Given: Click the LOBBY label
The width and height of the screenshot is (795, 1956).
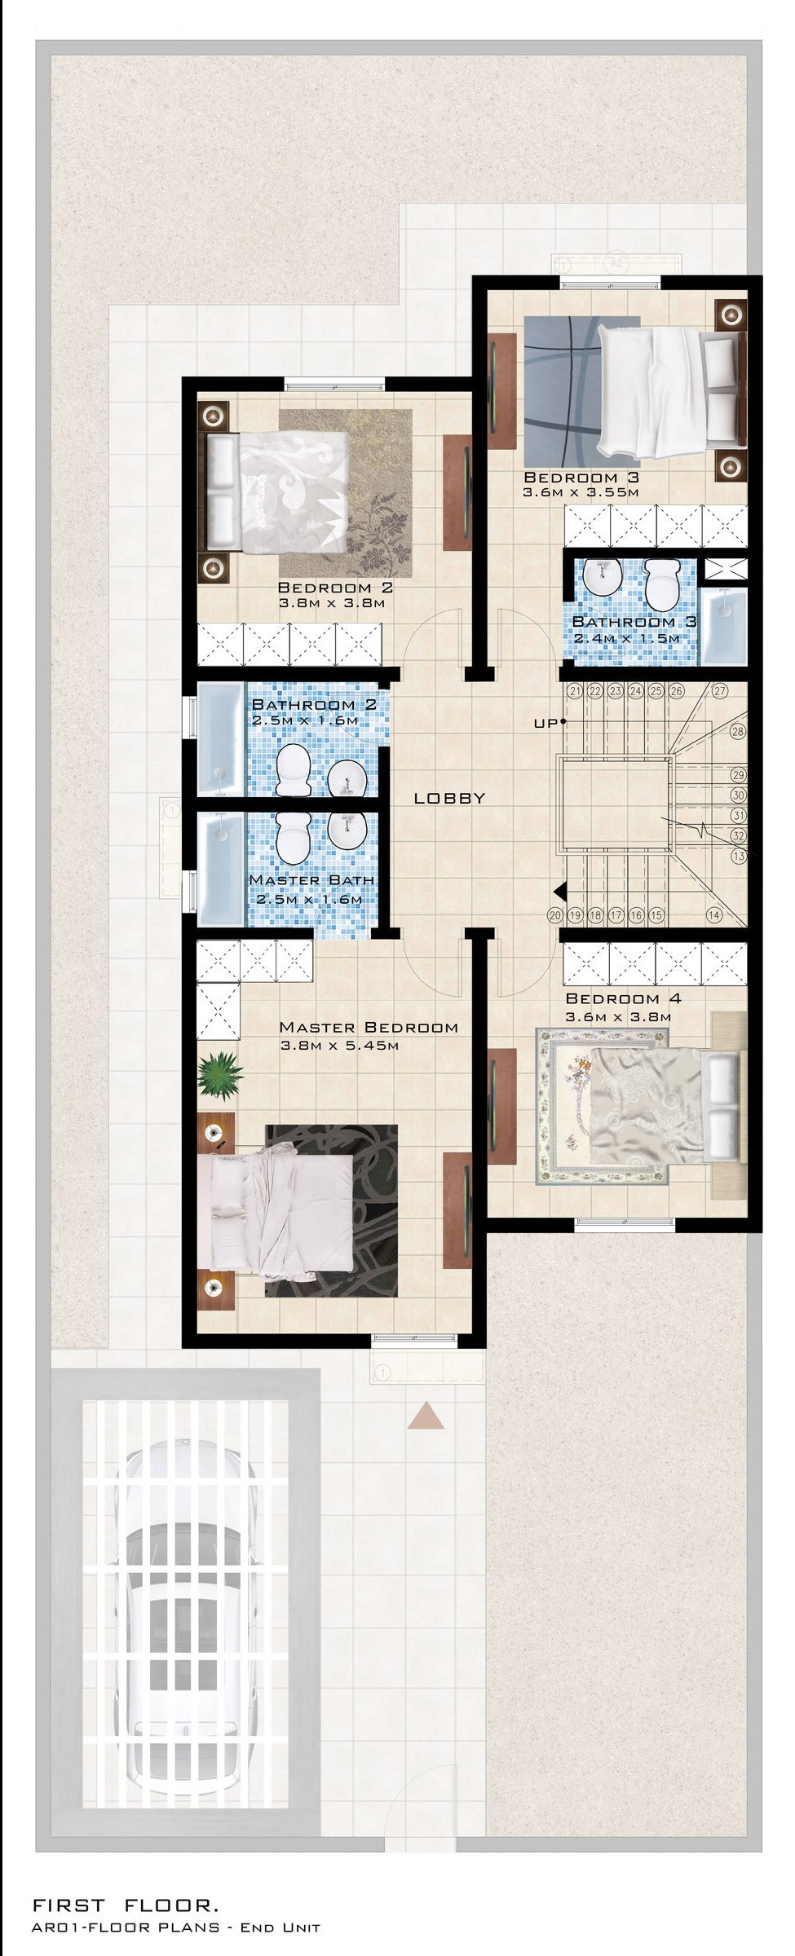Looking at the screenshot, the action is coord(449,799).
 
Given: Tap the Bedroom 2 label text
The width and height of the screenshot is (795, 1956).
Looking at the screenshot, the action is coord(335,588).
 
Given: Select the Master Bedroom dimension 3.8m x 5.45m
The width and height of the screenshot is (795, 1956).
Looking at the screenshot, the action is coord(338,1046).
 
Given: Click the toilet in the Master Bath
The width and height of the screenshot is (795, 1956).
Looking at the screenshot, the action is coord(292,835).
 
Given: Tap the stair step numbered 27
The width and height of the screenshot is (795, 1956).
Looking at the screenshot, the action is coord(719,691).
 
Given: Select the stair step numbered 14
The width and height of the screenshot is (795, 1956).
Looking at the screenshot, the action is coord(714,914).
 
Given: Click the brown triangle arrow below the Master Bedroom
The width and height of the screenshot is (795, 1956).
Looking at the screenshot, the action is coord(426,1416).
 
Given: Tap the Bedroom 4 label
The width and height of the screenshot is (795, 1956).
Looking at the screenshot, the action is coord(623,998).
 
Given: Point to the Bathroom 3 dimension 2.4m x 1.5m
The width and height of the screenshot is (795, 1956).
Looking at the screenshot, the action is coord(626,638).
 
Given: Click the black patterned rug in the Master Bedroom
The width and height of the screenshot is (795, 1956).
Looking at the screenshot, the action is coord(331,1210).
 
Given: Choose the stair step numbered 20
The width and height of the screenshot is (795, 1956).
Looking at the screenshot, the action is coord(557,914).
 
